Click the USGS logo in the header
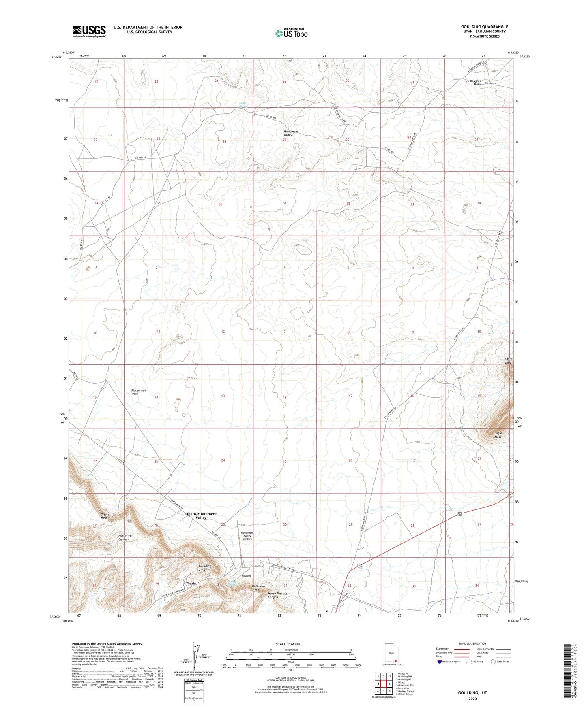click(89, 31)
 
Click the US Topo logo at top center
click(291, 33)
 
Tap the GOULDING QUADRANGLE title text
click(484, 27)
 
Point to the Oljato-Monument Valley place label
click(201, 515)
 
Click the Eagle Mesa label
click(498, 435)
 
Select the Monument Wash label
click(138, 392)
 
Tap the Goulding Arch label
click(205, 568)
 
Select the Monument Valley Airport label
click(247, 536)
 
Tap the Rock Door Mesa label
click(259, 588)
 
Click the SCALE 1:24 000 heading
click(288, 644)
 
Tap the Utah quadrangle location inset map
click(391, 653)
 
